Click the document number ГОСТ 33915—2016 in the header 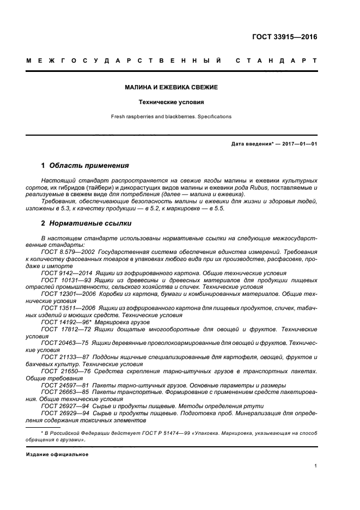tap(284, 38)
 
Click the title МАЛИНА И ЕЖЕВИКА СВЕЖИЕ tap(171, 87)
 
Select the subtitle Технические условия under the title tap(171, 102)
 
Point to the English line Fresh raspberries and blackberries tap(171, 117)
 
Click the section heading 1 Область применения tap(85, 165)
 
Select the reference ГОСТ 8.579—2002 tap(64, 252)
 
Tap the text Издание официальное tap(57, 454)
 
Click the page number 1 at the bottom tap(316, 466)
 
